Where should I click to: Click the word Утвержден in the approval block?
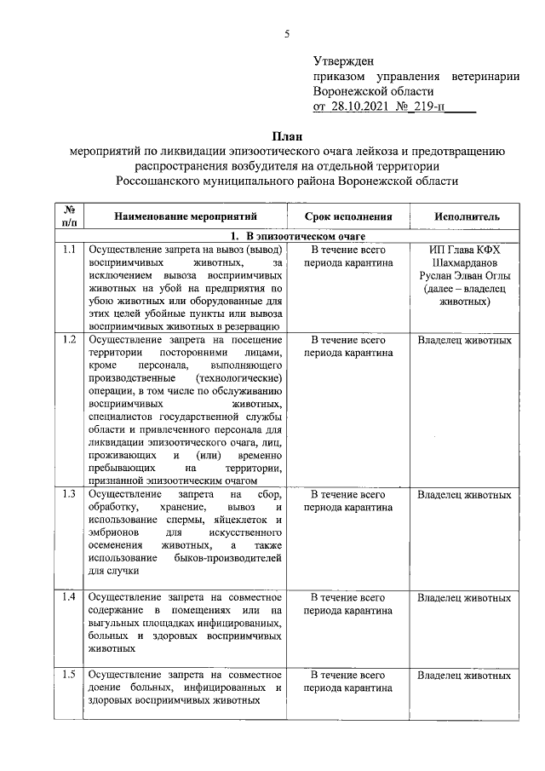343,61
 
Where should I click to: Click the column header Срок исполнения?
348,217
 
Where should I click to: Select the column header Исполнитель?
464,217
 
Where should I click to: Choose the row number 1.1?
69,250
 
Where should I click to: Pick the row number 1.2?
69,340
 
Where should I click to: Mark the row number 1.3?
69,494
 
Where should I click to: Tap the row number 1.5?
69,676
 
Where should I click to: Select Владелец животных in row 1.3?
464,494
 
